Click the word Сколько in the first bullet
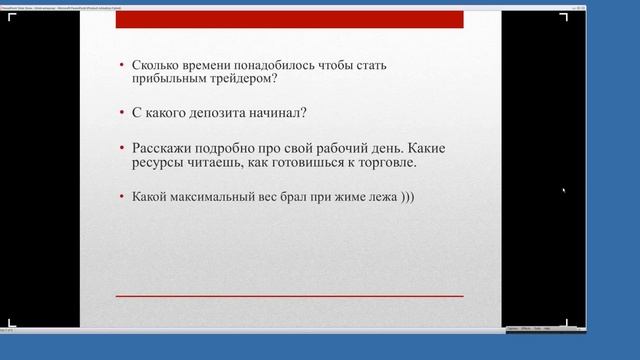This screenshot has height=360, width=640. [x=158, y=66]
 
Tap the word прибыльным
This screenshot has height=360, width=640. [x=173, y=82]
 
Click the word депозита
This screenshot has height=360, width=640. [x=218, y=114]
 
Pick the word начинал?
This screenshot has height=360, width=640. [x=279, y=114]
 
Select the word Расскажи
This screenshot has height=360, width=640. [x=163, y=147]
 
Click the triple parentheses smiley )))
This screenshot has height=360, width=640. [x=405, y=196]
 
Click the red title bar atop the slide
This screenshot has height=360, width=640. [x=289, y=19]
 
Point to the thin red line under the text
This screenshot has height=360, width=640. [x=289, y=296]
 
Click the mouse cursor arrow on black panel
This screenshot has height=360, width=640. [x=564, y=190]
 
